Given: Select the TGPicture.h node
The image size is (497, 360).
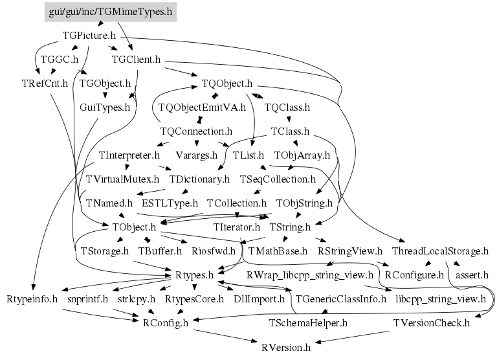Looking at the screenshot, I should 89,36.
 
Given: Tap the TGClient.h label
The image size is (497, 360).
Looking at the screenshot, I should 136,60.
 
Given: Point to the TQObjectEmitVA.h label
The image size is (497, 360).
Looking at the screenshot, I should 202,107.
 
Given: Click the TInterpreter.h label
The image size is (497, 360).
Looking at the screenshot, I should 129,155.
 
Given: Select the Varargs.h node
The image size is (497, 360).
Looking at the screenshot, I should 196,155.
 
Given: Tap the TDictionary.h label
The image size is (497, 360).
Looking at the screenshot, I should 199,179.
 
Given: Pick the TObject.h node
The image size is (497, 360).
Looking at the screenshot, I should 134,227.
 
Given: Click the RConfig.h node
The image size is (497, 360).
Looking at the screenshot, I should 166,322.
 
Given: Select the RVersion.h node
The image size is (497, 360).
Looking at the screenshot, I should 286,347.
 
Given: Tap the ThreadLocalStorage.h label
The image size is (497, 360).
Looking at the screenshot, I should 440,251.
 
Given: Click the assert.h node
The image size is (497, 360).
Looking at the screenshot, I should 472,275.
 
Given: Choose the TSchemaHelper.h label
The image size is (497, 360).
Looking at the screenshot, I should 308,322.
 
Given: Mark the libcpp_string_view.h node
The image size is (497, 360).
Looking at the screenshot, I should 440,299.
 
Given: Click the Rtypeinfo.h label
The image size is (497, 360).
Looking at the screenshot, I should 32,299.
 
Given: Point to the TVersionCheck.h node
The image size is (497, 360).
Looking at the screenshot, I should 432,322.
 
